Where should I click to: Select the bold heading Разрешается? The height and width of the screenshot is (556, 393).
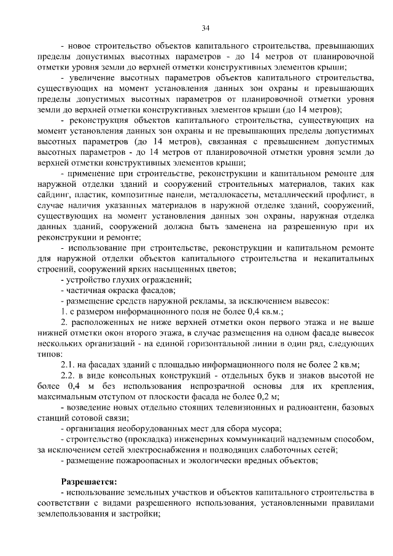point(88,480)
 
